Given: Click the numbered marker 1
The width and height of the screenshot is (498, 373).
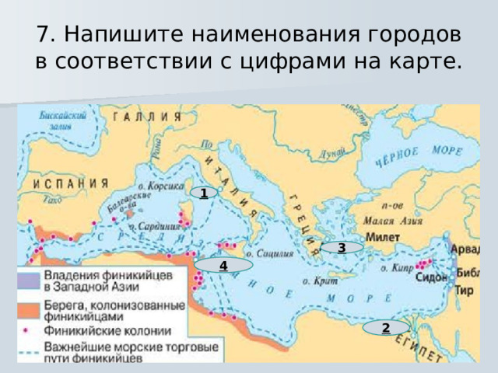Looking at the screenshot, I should [x=202, y=193].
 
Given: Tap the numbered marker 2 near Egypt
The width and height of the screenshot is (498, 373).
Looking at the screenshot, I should [x=385, y=327].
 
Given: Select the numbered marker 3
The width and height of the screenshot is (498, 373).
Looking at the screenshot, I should [x=341, y=248].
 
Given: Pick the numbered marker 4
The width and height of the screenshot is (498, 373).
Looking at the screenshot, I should [x=223, y=266].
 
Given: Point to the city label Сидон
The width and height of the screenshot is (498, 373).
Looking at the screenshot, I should [x=431, y=277].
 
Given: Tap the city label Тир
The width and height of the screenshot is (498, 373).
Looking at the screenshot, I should [x=464, y=291].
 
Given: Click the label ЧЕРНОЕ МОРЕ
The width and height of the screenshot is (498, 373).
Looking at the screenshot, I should [x=409, y=157].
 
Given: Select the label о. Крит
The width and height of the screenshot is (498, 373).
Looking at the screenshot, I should [x=318, y=281].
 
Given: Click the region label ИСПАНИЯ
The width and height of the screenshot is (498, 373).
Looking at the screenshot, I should [x=71, y=184].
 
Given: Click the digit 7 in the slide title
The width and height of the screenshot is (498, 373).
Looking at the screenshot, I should [x=44, y=34].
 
